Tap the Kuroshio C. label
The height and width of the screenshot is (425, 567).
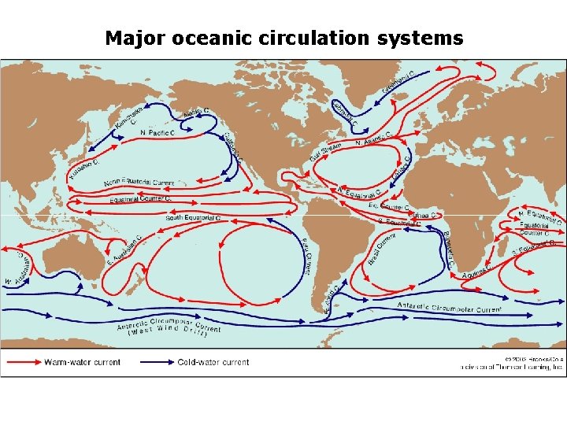(84, 166)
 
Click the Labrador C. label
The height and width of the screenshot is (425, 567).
(345, 115)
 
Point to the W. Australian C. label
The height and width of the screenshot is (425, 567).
(18, 268)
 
